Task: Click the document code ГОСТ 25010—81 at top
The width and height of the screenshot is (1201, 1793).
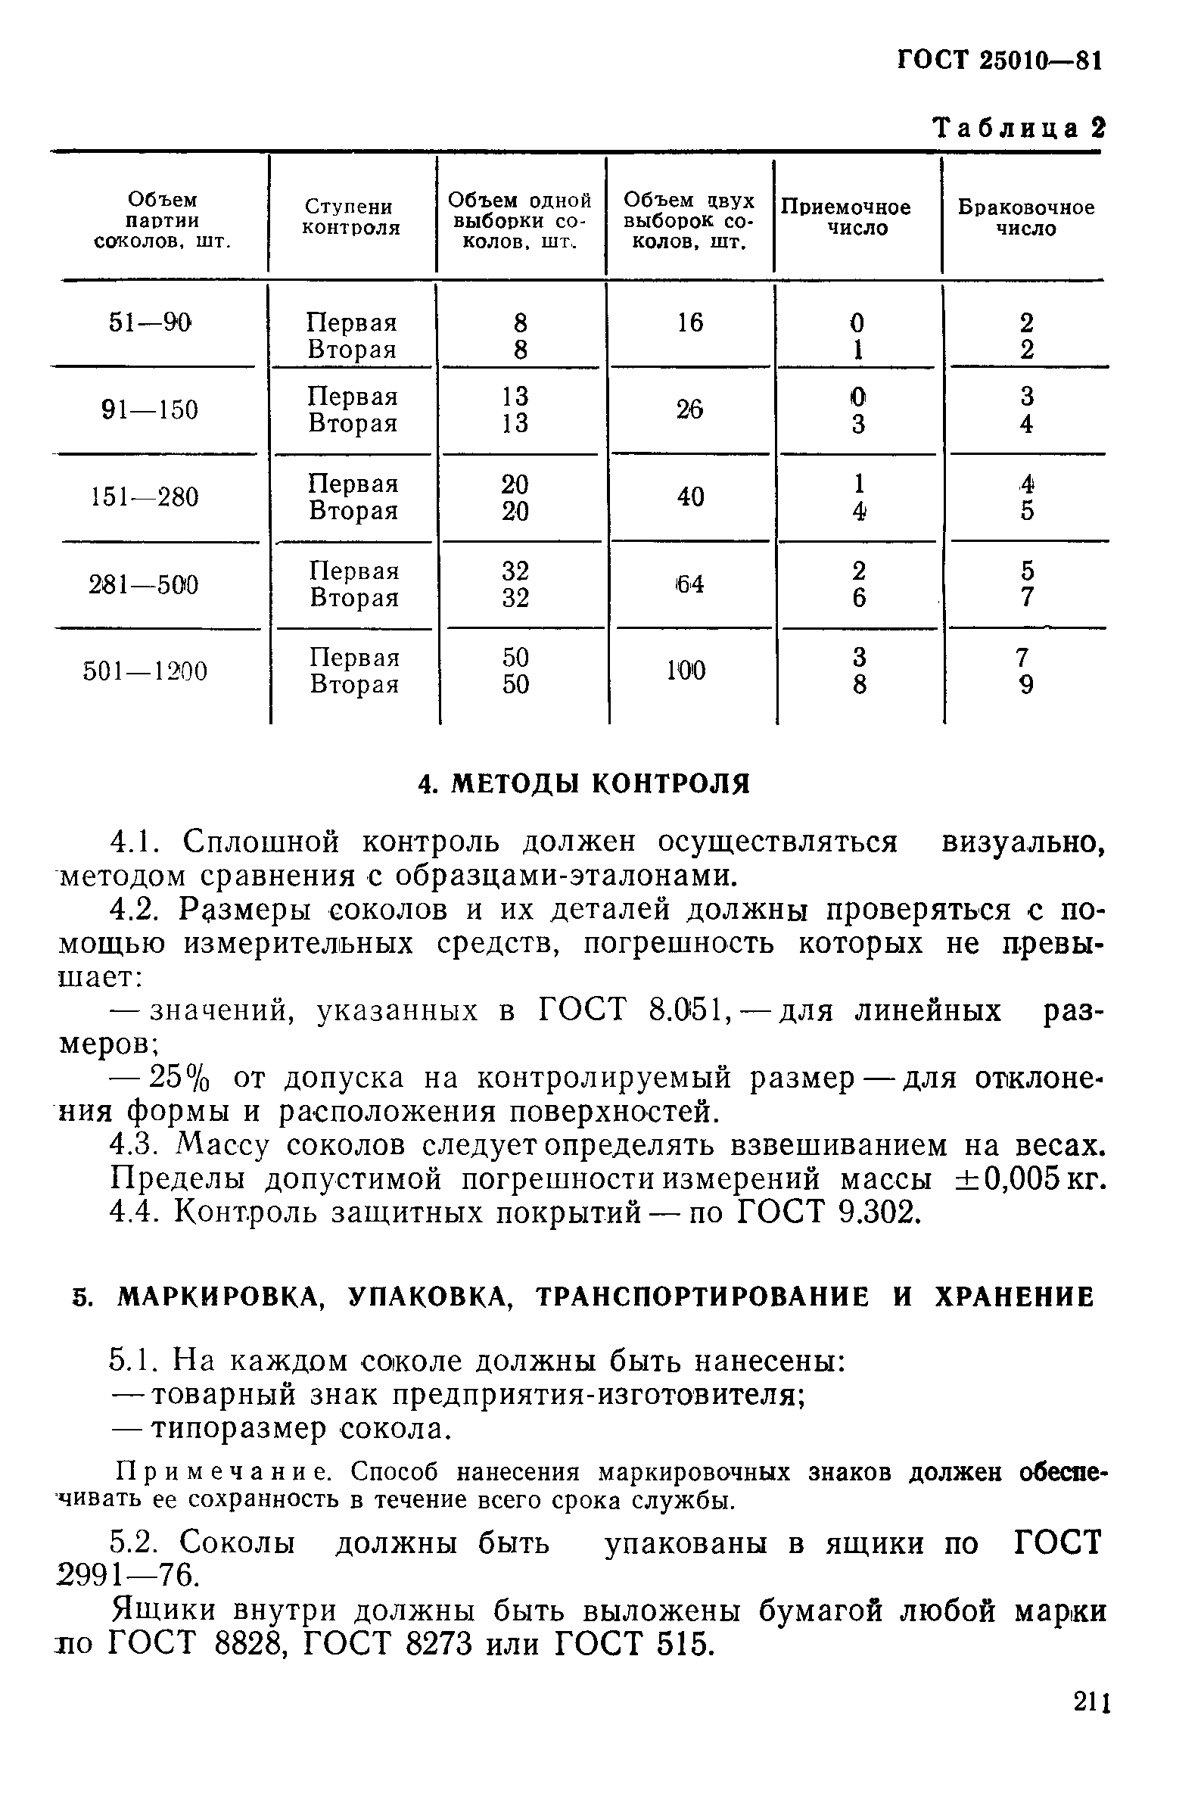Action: coord(999,60)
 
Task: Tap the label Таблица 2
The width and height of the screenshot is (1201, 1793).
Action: coord(1018,127)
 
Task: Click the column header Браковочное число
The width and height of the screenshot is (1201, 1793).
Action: coord(1025,218)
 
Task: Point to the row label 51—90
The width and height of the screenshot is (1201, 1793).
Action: coord(149,322)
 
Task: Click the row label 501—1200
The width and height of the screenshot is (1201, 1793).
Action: coord(145,671)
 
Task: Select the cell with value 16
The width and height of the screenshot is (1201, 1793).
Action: coord(689,322)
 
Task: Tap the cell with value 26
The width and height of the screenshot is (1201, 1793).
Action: coord(689,409)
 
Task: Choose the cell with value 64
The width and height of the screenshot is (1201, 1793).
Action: coord(689,584)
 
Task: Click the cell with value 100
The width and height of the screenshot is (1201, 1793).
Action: coord(686,671)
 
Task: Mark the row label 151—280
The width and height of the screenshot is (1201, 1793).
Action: coord(145,497)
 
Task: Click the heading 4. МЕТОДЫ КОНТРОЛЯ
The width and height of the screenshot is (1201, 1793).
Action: coord(583,783)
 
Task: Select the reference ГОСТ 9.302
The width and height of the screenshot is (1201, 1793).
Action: coord(826,1212)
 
